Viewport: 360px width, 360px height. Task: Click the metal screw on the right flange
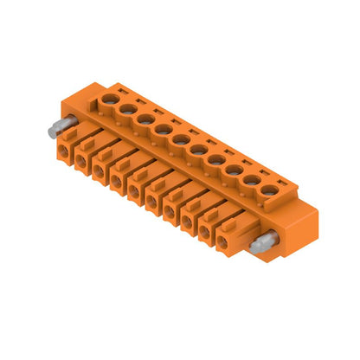point(259,247)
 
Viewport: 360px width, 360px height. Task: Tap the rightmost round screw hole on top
point(270,190)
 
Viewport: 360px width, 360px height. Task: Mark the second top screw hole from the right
point(252,179)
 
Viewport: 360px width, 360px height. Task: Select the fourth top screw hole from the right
point(216,160)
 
